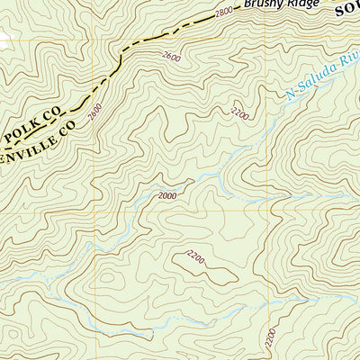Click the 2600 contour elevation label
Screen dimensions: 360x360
[x=171, y=58]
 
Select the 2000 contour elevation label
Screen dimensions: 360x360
[x=167, y=194]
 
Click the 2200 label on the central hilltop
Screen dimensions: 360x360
[x=195, y=259]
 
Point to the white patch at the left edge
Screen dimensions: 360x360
[x=4, y=39]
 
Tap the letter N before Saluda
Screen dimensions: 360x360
[x=289, y=91]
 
